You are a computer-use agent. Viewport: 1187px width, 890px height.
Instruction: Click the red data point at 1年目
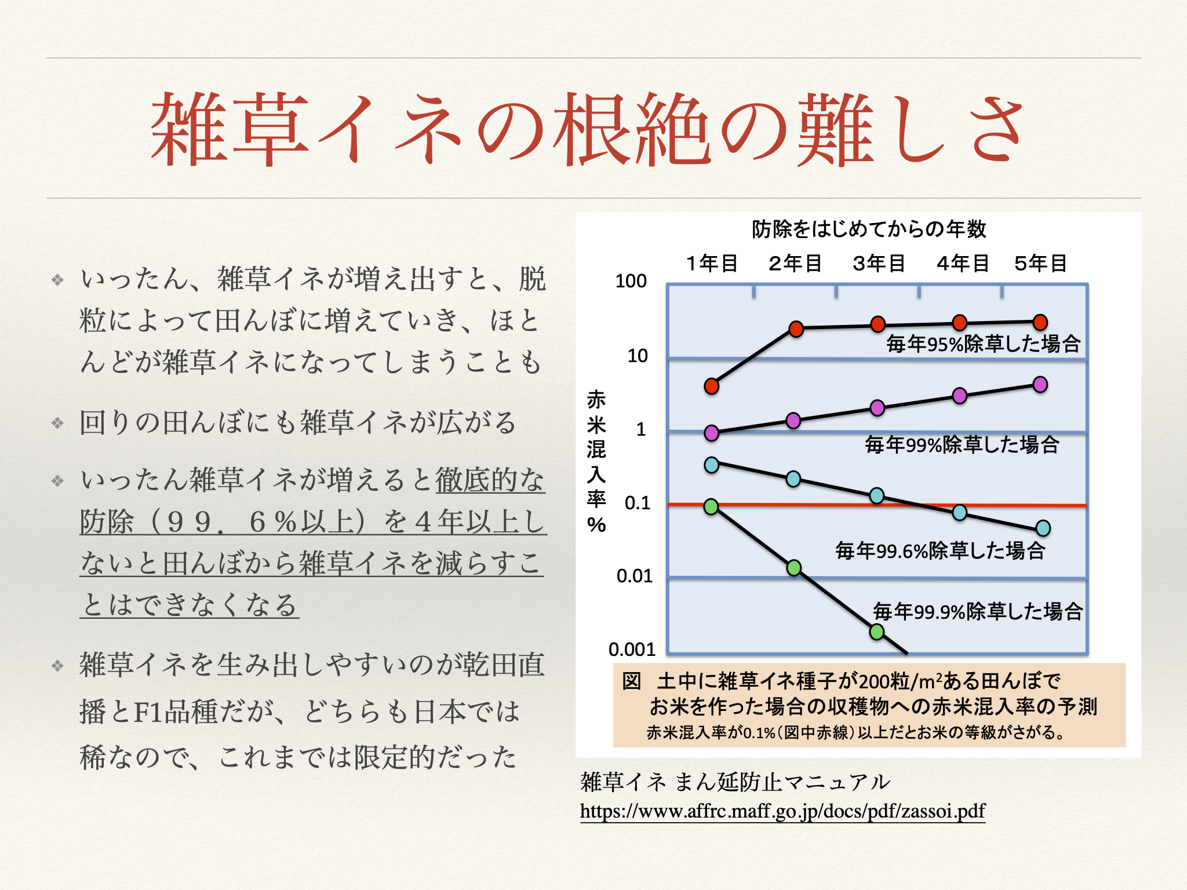tap(712, 386)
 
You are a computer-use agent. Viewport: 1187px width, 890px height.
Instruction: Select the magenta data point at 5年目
tap(1040, 385)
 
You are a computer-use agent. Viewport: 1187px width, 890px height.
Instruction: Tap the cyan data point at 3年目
tap(877, 496)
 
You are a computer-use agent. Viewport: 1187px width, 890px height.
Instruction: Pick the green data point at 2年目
tap(794, 568)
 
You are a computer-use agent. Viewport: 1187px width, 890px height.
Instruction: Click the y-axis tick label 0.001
tap(632, 650)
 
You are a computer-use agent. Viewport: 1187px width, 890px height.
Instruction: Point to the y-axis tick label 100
tap(631, 281)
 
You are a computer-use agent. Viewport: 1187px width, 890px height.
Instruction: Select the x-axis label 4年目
tap(962, 263)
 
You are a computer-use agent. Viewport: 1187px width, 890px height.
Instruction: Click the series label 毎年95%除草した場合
tap(983, 344)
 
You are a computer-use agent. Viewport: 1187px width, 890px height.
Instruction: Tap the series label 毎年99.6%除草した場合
tap(940, 550)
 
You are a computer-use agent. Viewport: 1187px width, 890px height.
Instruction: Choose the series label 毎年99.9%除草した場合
tap(978, 611)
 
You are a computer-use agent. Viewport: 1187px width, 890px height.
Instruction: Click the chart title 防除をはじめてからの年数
tap(869, 229)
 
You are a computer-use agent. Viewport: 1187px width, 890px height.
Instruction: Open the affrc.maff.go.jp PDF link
tap(782, 811)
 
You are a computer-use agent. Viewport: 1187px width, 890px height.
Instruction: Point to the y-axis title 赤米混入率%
tap(596, 462)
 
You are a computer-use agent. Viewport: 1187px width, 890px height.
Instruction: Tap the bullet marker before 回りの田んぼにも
tap(57, 422)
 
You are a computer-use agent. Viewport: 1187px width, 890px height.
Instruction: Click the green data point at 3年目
tap(877, 632)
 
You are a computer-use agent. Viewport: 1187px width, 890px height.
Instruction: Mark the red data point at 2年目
tap(796, 329)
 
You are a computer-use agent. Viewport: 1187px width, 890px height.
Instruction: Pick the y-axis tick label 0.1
tap(638, 503)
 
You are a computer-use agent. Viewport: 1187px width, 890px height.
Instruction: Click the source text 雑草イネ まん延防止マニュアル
tap(734, 782)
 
